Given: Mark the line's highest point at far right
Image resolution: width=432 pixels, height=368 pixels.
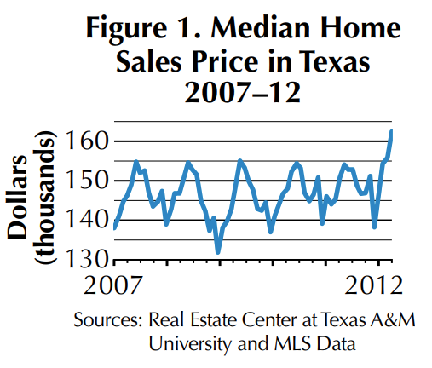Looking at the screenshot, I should pyautogui.click(x=391, y=130).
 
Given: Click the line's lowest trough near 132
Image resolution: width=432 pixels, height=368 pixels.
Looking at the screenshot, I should pyautogui.click(x=218, y=252).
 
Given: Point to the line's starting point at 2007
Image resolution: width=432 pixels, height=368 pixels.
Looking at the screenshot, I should pyautogui.click(x=114, y=227).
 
